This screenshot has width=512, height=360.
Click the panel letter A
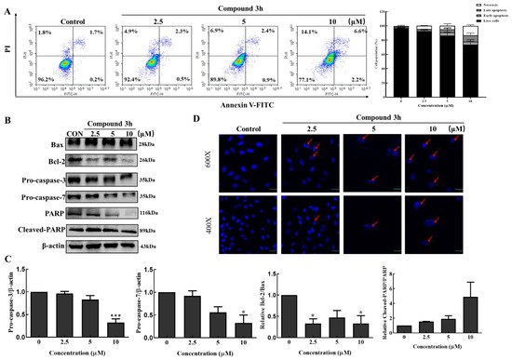[7, 7]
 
